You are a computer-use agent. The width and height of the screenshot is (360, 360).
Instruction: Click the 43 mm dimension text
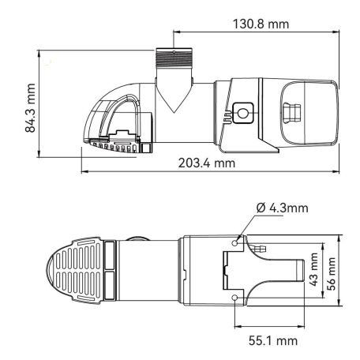click(313, 268)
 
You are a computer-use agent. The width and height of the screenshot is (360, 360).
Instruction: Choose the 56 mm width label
click(332, 268)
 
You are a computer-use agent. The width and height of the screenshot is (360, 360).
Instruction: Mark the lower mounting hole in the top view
click(237, 298)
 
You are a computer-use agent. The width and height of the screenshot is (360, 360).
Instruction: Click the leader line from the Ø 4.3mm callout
click(246, 226)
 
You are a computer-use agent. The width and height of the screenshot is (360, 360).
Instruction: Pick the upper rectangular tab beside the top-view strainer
click(110, 254)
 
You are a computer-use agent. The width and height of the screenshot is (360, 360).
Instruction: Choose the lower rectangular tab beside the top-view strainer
click(110, 285)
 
